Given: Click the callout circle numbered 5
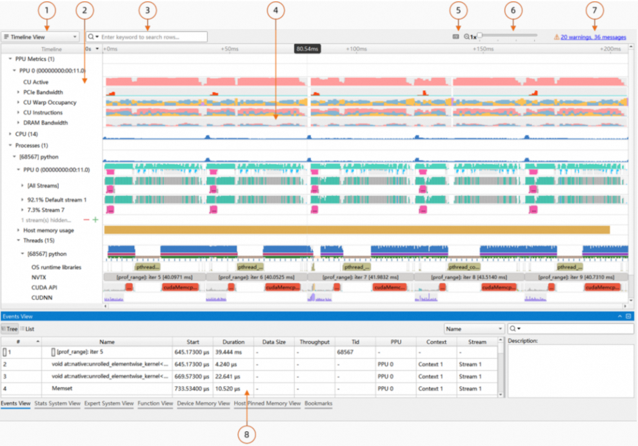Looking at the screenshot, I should [459, 10].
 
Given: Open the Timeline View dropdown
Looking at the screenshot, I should [41, 37].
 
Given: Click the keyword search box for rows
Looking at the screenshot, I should [152, 37].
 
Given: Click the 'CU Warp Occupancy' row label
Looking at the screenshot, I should [50, 102].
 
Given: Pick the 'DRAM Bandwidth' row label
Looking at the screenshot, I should [45, 122].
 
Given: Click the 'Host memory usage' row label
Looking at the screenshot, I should [48, 230].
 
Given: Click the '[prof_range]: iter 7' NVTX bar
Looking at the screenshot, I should [360, 276].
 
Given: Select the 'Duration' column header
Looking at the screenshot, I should [233, 342].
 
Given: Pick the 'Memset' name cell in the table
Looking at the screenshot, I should [62, 389].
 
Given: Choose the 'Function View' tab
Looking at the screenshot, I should [155, 403].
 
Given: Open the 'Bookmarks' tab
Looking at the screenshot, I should [318, 403].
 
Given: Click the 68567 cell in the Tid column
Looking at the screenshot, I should [345, 353].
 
